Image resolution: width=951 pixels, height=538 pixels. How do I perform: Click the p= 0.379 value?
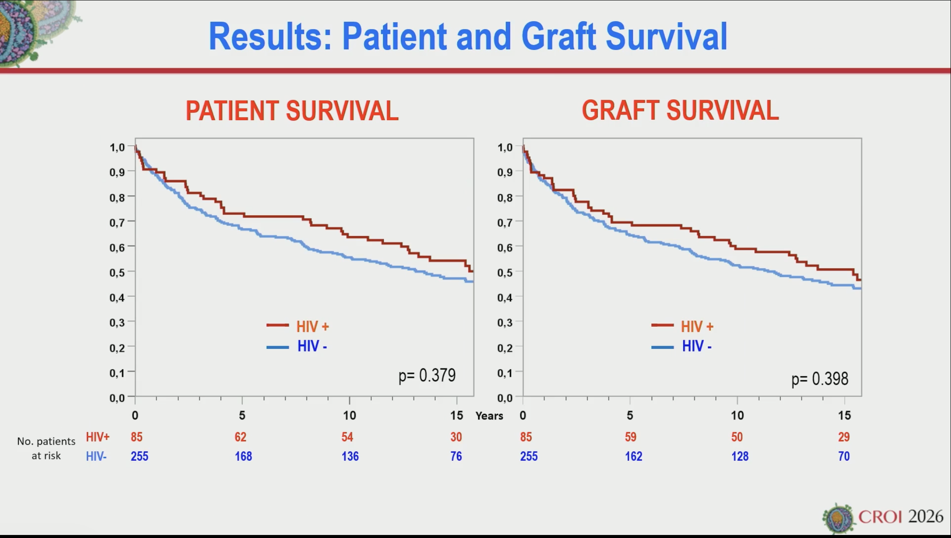427,375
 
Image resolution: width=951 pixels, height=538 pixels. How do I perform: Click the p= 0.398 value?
819,379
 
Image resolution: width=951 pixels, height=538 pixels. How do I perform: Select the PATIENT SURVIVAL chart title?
292,111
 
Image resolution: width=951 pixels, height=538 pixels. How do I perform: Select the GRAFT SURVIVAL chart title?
680,111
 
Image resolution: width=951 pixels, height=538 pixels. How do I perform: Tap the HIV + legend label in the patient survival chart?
312,326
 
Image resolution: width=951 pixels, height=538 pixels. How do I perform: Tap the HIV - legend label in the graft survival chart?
697,346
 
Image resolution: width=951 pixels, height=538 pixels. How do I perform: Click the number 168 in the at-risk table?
243,456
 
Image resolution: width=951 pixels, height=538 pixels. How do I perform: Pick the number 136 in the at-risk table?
350,456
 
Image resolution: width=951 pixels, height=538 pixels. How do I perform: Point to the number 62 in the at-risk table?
240,437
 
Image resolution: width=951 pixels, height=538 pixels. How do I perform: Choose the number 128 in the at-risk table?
740,456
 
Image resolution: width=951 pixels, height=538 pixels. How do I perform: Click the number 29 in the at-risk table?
844,437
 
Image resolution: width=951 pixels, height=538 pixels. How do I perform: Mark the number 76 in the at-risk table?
456,456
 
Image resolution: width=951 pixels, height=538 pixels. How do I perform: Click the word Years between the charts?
489,416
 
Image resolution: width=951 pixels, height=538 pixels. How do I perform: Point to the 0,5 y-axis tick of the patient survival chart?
117,272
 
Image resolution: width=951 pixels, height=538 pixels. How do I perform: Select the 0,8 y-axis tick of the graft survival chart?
505,197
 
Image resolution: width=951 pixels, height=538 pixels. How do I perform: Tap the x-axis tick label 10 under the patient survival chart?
349,416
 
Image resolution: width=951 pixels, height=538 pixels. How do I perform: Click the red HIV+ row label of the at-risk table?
97,437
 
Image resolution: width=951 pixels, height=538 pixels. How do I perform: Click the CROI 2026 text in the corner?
900,517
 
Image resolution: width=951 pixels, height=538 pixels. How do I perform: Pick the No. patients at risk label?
46,448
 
